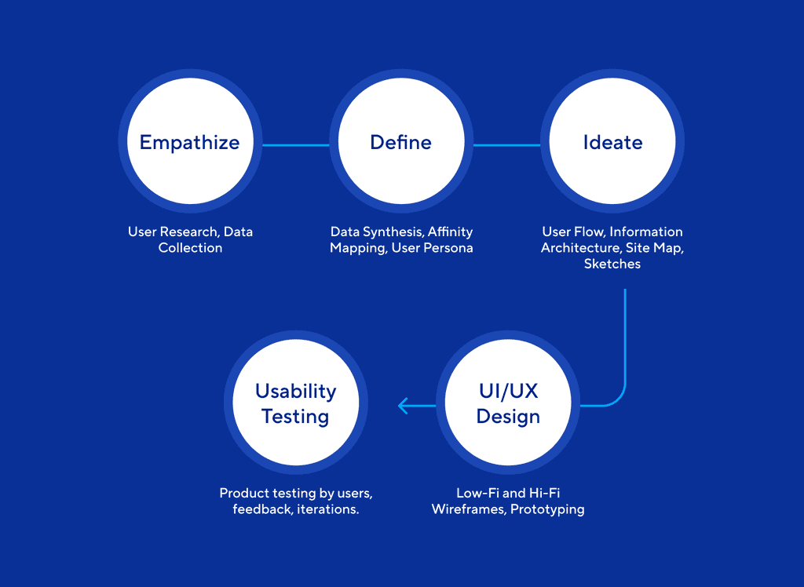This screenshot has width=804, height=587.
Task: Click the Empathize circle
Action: click(189, 143)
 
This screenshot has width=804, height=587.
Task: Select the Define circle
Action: click(400, 143)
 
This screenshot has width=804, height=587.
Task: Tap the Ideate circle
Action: click(612, 143)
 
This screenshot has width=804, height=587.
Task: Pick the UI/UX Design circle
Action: click(508, 403)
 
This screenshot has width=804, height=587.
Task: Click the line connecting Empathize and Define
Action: click(295, 145)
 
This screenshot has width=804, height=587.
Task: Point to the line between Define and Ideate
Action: click(506, 145)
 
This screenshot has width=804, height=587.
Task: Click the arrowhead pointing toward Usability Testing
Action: click(404, 406)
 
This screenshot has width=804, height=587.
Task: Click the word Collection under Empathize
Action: click(190, 248)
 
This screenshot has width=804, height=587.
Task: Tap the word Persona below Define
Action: click(447, 248)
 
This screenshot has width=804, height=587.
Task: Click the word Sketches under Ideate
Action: click(612, 264)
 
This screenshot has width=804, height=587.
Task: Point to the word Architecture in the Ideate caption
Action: click(579, 248)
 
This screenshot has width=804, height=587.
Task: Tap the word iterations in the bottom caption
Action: click(328, 509)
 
